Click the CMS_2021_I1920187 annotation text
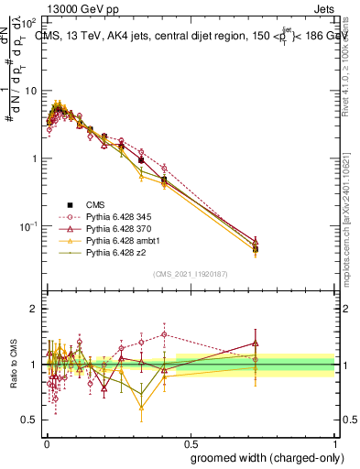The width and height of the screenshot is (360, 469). [x=190, y=274]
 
